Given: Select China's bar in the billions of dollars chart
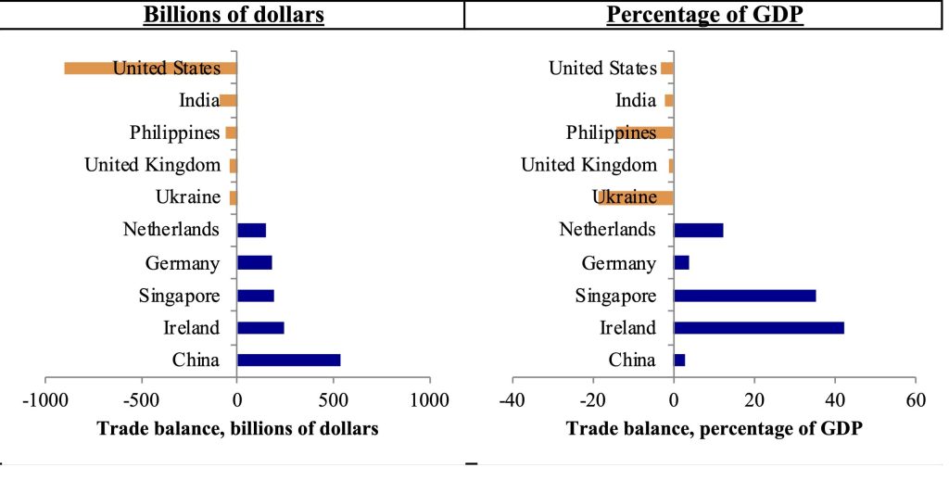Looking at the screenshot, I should point(288,360).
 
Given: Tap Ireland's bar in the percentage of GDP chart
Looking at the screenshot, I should point(758,328).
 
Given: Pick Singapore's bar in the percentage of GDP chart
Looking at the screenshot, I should point(744,296).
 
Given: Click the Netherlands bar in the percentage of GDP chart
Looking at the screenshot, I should point(698,231).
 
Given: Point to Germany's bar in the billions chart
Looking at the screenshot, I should point(254,263).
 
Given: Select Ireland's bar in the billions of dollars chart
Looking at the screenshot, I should point(260,328).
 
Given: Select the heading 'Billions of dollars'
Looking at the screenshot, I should point(232,16).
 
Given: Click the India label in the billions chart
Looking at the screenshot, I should point(199,101).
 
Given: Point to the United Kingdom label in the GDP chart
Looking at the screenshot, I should point(588,166).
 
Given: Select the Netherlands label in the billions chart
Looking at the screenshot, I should point(171,231).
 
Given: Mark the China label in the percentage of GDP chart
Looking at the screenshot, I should point(632,360).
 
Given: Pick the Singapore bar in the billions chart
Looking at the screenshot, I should point(255,296).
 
